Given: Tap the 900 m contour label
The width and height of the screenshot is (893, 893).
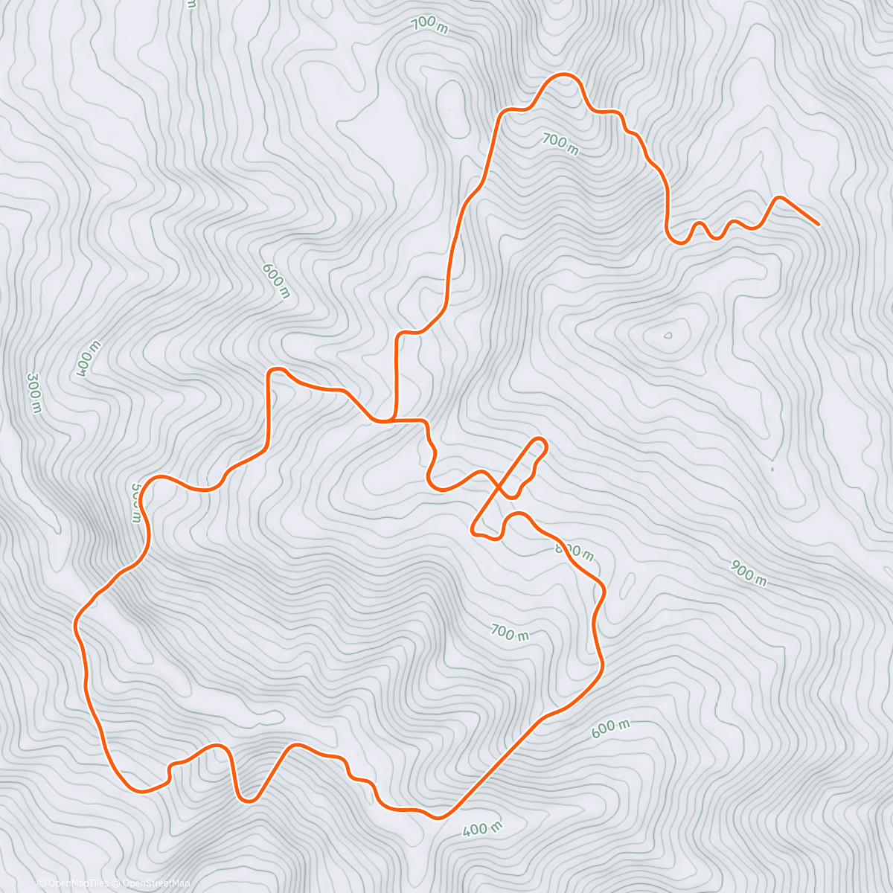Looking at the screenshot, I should click(x=749, y=572).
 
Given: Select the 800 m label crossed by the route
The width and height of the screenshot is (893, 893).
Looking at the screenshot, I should click(x=574, y=551).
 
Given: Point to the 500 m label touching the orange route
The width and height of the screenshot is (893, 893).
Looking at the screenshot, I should click(x=136, y=504).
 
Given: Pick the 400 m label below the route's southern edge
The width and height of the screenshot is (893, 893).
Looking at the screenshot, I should click(x=482, y=828).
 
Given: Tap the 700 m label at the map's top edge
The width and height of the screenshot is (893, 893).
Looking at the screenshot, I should click(x=429, y=24).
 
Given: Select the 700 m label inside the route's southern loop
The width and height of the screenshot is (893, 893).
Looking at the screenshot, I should click(x=510, y=633).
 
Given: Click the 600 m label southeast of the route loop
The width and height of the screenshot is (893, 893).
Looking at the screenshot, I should click(x=610, y=729).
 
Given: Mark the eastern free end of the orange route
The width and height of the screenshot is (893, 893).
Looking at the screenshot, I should click(x=819, y=224).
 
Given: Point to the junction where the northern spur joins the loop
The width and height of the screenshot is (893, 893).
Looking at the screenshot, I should click(x=394, y=421).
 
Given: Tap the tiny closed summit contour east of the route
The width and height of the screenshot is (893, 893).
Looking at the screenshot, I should click(x=668, y=335).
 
